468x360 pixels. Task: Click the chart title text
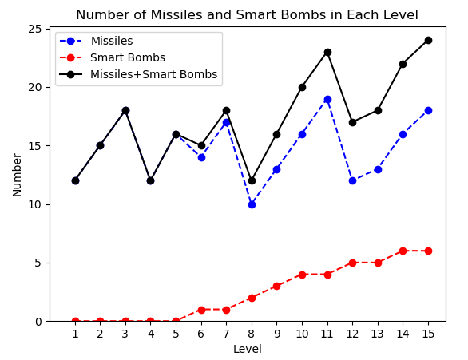[x=247, y=15]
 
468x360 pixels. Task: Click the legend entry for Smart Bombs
[x=128, y=57]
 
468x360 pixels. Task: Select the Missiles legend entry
[x=112, y=42]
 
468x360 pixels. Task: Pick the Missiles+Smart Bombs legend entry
[x=153, y=74]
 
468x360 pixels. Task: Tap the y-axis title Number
[x=18, y=174]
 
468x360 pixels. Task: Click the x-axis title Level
[x=247, y=349]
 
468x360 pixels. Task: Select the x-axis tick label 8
[x=252, y=334]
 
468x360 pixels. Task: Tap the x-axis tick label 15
[x=428, y=334]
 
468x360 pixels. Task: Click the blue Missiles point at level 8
[x=252, y=204]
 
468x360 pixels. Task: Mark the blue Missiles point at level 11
[x=327, y=99]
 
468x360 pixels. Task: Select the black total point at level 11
[x=327, y=52]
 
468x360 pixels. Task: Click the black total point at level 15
[x=428, y=40]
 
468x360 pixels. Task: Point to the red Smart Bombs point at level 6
[x=201, y=310]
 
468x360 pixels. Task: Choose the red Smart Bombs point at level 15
[x=428, y=251]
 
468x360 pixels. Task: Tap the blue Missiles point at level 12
[x=352, y=180]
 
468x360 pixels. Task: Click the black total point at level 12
[x=352, y=122]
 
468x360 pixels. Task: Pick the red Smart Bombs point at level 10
[x=302, y=275]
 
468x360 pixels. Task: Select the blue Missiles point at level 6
[x=201, y=157]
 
